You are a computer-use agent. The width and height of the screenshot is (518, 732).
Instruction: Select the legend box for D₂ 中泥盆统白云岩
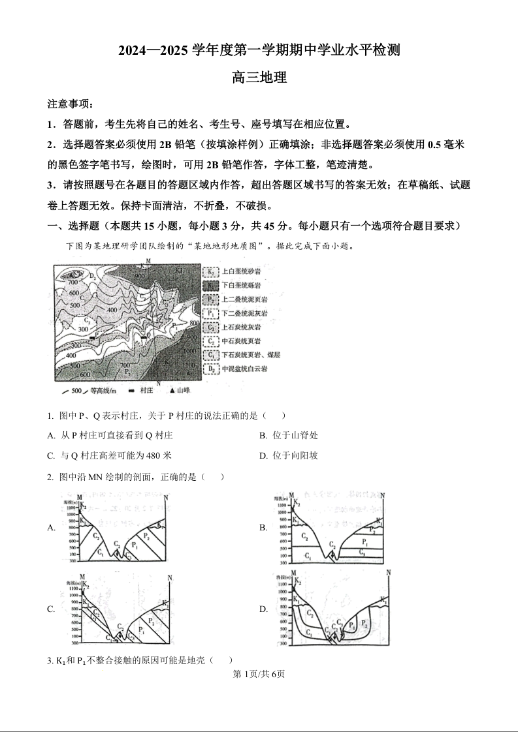(x=211, y=369)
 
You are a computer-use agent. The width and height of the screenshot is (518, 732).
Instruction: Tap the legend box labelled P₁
(x=211, y=313)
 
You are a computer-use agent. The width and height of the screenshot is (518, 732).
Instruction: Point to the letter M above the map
(x=149, y=261)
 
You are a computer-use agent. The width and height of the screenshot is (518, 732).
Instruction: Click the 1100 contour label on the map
(x=189, y=364)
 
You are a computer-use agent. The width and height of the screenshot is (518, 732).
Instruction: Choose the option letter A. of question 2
(x=51, y=528)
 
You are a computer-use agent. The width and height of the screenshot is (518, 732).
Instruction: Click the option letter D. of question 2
(x=263, y=609)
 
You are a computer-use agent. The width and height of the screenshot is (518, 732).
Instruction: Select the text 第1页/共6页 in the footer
(x=259, y=674)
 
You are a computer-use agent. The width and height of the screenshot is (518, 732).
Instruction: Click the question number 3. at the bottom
(x=50, y=660)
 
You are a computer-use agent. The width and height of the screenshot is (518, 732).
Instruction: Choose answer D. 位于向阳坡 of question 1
(x=289, y=455)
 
